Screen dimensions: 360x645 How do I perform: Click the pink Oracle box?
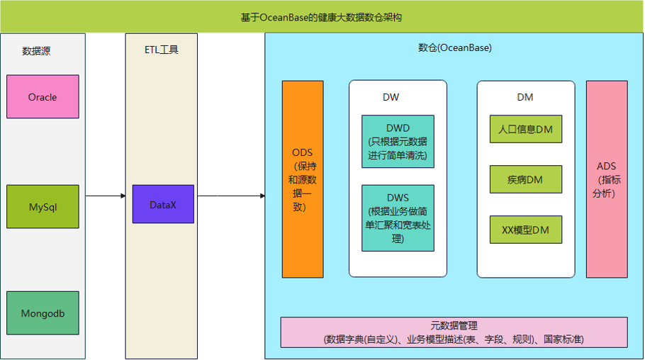(x=43, y=96)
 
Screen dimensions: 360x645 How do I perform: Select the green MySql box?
(x=43, y=207)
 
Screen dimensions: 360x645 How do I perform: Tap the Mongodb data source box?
(x=43, y=313)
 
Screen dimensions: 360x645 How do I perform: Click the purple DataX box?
(x=163, y=205)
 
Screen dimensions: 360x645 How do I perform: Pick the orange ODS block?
(x=303, y=179)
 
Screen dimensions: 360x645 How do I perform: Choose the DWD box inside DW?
(x=398, y=141)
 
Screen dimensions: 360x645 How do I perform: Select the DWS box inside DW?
(x=398, y=218)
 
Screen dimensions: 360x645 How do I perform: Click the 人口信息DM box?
(x=525, y=130)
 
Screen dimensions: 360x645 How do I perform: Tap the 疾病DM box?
(x=525, y=179)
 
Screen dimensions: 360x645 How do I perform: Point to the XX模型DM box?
(x=525, y=230)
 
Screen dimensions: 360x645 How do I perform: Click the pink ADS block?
(x=607, y=179)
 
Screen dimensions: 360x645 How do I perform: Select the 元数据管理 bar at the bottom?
(x=454, y=332)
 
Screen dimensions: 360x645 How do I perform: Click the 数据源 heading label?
(x=36, y=51)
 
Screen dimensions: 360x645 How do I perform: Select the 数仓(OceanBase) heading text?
(x=454, y=48)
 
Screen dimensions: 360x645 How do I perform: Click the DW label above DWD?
(x=391, y=97)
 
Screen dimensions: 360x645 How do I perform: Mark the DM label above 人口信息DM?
(x=525, y=97)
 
